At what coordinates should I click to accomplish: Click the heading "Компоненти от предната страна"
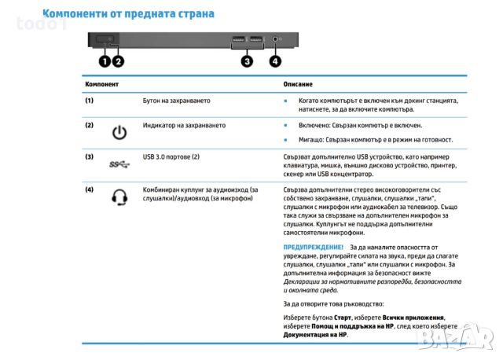(x=129, y=14)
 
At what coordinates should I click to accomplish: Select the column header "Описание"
(x=298, y=84)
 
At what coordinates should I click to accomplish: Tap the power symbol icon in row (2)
(x=119, y=133)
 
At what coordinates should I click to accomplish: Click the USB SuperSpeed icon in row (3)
(x=119, y=163)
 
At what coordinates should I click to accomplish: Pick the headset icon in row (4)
(x=119, y=197)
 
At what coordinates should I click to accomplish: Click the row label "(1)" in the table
(x=89, y=101)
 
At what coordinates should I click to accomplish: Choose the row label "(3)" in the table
(x=89, y=156)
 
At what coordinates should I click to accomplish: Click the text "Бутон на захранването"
(x=176, y=101)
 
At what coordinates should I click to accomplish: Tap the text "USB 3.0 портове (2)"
(x=171, y=156)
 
